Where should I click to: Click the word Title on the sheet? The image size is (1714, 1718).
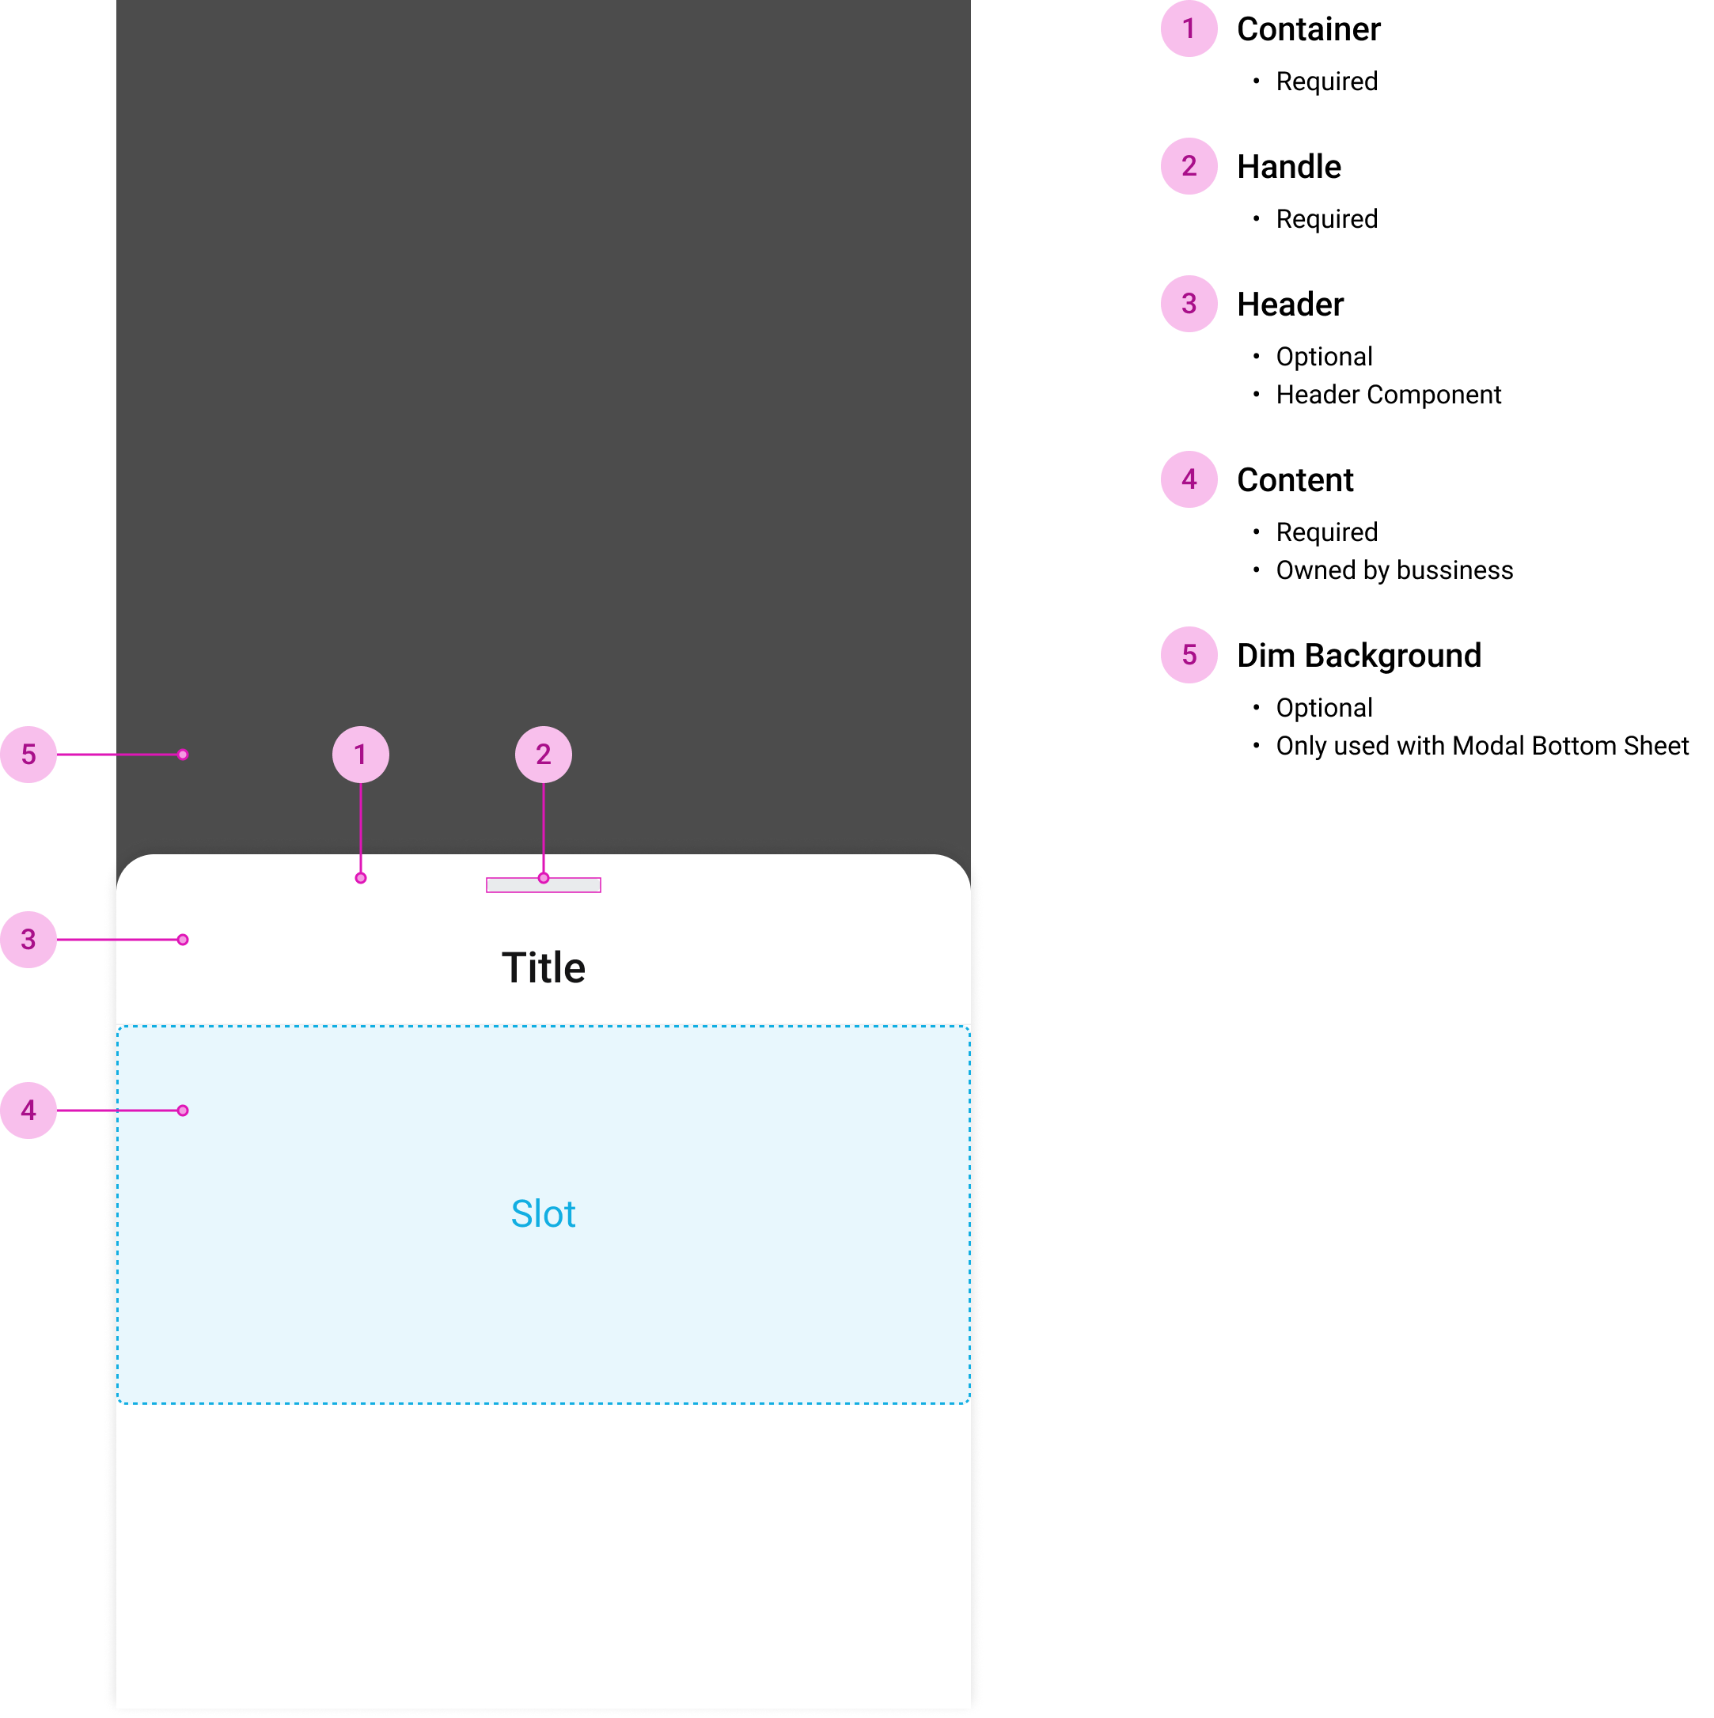tap(544, 967)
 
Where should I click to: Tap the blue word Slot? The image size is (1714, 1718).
tap(543, 1214)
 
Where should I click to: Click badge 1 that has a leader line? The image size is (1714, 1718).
tap(360, 755)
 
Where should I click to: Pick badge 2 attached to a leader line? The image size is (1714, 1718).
tap(544, 755)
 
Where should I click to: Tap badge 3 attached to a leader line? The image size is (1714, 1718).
tap(28, 939)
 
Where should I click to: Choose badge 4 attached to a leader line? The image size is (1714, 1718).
tap(28, 1111)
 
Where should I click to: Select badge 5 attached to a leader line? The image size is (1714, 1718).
tap(28, 755)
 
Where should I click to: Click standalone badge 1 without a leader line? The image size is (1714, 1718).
tap(1189, 28)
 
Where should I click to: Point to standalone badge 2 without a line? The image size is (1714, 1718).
tap(1189, 166)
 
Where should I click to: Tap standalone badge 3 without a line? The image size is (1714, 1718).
tap(1189, 304)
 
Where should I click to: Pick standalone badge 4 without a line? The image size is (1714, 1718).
tap(1189, 479)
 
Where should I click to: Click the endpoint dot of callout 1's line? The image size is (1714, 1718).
tap(360, 878)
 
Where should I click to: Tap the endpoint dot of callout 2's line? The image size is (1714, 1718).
tap(544, 878)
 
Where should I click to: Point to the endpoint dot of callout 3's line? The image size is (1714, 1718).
tap(182, 939)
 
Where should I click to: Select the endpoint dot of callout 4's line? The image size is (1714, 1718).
tap(182, 1111)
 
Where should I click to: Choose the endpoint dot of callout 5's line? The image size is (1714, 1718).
tap(182, 755)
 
